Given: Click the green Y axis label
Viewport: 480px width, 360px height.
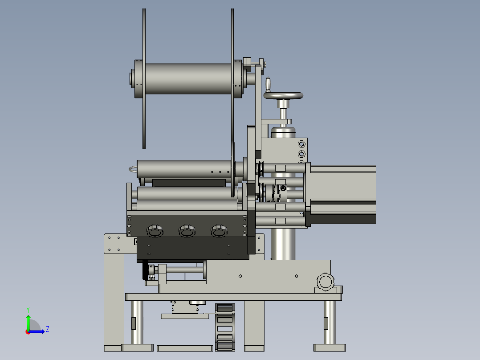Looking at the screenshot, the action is click(28, 310).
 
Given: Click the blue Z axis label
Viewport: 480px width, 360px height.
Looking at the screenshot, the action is click(48, 329).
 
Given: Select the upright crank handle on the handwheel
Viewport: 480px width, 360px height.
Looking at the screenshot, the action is click(268, 85).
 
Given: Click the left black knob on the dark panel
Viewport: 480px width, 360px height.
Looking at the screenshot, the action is click(155, 231).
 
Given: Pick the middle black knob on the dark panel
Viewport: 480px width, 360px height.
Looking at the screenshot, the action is click(187, 231).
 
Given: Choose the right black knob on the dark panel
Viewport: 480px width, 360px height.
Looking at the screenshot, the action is click(219, 231).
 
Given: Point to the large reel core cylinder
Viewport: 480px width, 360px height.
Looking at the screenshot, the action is click(188, 79).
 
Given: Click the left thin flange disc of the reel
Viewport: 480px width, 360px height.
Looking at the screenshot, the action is click(144, 79).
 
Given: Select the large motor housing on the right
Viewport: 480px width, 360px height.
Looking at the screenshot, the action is click(343, 195).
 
